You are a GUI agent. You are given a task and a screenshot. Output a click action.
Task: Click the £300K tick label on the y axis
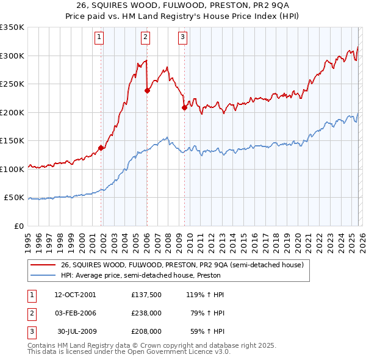[x=12, y=56]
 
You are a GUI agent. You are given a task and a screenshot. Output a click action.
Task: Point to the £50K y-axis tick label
[x=14, y=198]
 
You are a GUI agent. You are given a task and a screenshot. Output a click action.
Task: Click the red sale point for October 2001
[x=101, y=148]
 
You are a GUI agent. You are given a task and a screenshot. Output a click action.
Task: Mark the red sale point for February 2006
[x=147, y=90]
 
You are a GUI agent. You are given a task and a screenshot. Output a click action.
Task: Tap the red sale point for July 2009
[x=184, y=107]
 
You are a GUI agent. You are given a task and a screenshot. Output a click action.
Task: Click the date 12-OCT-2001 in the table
[x=75, y=295]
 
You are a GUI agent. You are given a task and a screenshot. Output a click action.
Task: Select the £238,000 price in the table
[x=146, y=313]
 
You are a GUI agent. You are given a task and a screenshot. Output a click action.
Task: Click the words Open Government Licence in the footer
[x=175, y=352]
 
